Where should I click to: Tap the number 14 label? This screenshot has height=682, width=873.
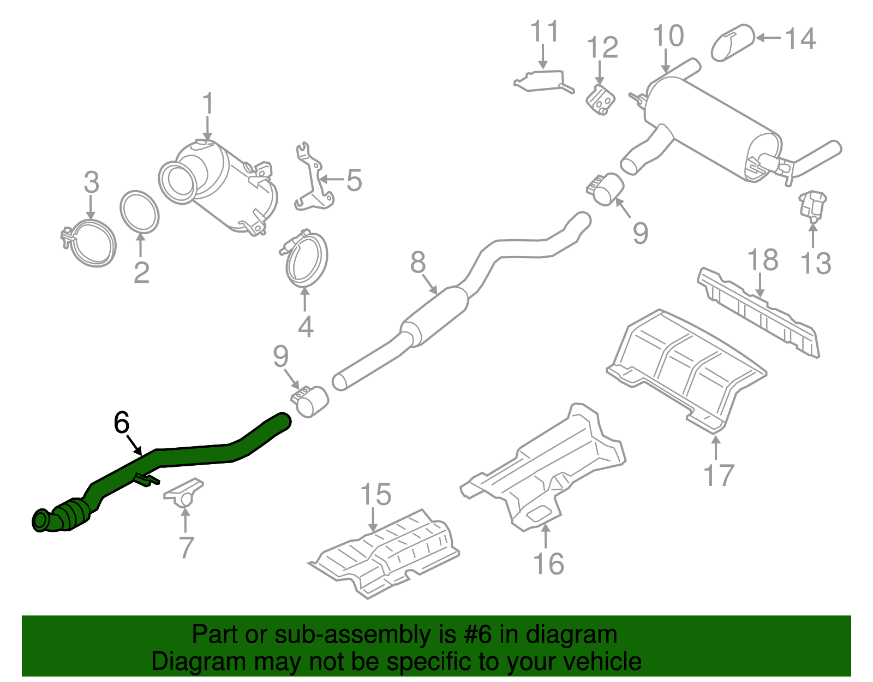pyautogui.click(x=800, y=39)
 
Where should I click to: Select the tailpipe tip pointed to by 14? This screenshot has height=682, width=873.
pyautogui.click(x=732, y=42)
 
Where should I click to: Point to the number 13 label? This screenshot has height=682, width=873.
pyautogui.click(x=815, y=263)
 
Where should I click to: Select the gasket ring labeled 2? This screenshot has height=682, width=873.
pyautogui.click(x=140, y=211)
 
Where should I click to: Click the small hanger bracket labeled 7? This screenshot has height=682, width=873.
pyautogui.click(x=184, y=492)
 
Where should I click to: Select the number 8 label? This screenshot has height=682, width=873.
pyautogui.click(x=418, y=262)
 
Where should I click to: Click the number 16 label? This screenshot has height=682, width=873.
pyautogui.click(x=548, y=564)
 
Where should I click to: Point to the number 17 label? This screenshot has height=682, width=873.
pyautogui.click(x=719, y=475)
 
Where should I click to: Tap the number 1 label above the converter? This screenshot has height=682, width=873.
pyautogui.click(x=207, y=104)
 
